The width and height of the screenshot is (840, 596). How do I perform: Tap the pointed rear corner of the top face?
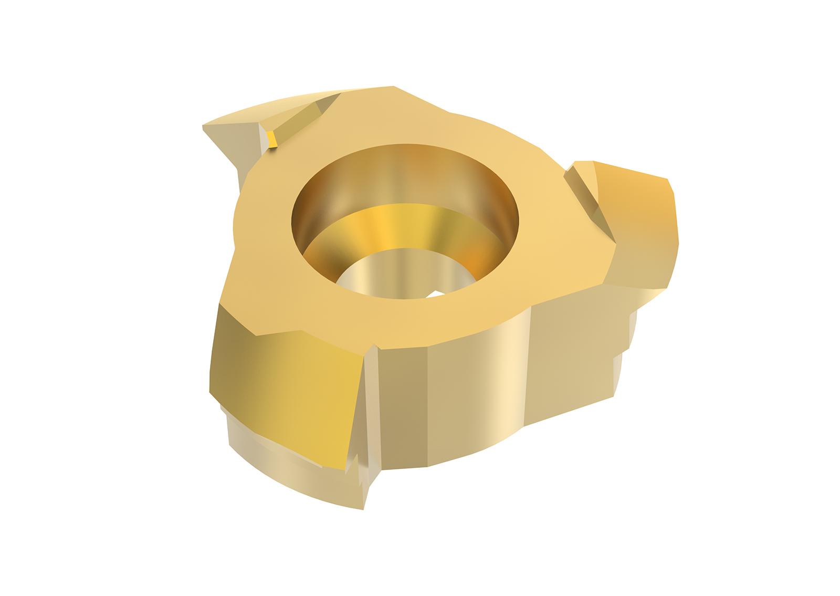(394, 87)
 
